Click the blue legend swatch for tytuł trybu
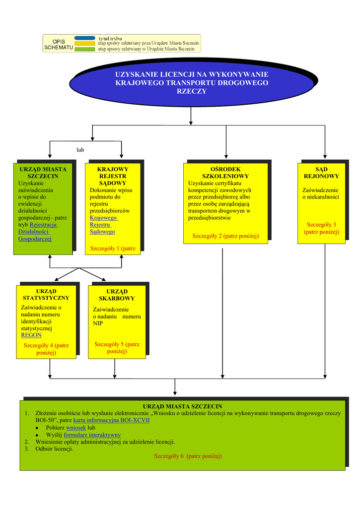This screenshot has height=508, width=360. pyautogui.click(x=84, y=38)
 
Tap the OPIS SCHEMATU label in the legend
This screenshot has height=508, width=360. pyautogui.click(x=59, y=45)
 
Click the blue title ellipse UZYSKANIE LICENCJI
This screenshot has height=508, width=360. pyautogui.click(x=192, y=83)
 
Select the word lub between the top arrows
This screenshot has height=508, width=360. pyautogui.click(x=80, y=149)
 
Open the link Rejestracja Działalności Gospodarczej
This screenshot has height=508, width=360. pyautogui.click(x=38, y=232)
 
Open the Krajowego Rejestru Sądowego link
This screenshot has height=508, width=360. pyautogui.click(x=103, y=225)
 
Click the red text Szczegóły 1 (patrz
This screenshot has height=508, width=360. pyautogui.click(x=112, y=248)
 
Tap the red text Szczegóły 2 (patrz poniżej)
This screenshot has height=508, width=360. pyautogui.click(x=225, y=236)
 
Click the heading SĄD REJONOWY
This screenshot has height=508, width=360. pyautogui.click(x=321, y=173)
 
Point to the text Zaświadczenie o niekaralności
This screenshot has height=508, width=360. pyautogui.click(x=321, y=193)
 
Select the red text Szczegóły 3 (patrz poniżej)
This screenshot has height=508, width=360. pyautogui.click(x=322, y=228)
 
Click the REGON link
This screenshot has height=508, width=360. pyautogui.click(x=31, y=335)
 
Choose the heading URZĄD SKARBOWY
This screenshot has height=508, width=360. pyautogui.click(x=117, y=295)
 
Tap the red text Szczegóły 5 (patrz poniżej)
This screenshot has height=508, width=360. pyautogui.click(x=117, y=347)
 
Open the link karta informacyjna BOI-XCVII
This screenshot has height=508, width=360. pyautogui.click(x=111, y=420)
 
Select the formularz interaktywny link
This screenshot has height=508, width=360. pyautogui.click(x=92, y=435)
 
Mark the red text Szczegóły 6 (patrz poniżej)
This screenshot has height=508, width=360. pyautogui.click(x=188, y=456)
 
